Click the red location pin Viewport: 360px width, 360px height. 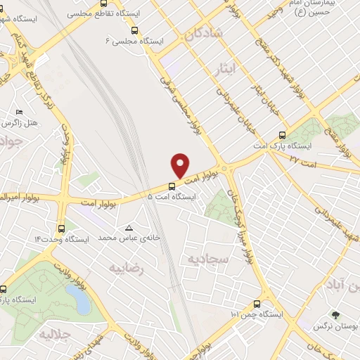point(181,165)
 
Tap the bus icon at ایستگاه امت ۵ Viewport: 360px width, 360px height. point(172,186)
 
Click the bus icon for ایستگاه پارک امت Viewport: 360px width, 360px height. point(282,135)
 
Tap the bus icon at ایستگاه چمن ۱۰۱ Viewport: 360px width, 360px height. point(257,304)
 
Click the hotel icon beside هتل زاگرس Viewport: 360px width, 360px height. point(19,112)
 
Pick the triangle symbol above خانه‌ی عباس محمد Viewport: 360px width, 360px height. point(129,228)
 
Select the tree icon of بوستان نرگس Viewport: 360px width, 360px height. point(335,316)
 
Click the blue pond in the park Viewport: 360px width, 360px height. point(82,301)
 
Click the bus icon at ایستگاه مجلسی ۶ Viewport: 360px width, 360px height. point(134,30)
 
